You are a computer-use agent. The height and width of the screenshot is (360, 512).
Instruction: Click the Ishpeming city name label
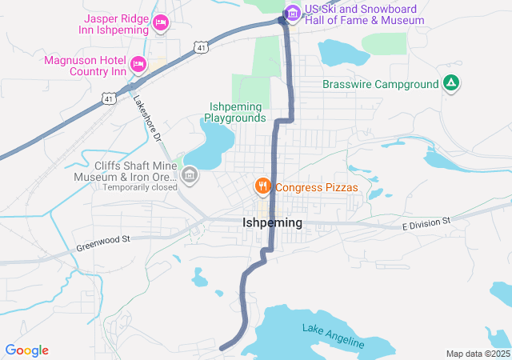tap(272, 223)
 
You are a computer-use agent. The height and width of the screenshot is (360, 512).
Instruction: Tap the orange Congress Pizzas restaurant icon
tap(262, 187)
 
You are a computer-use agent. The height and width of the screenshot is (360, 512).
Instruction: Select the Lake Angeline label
tap(333, 336)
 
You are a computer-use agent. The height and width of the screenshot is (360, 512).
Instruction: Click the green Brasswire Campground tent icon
tap(451, 83)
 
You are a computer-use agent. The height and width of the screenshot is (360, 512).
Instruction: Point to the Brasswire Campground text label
tap(380, 84)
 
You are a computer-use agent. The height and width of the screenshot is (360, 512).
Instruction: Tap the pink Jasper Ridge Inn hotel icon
tap(161, 22)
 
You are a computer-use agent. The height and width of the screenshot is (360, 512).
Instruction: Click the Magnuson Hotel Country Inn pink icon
tap(138, 63)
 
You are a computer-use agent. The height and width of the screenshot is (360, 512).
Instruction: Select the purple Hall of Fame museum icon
tap(292, 12)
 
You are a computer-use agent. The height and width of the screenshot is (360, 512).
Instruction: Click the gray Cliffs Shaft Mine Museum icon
tap(190, 174)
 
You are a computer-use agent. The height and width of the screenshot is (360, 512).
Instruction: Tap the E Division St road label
tap(426, 223)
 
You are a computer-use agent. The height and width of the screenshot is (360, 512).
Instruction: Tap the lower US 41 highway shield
tap(108, 98)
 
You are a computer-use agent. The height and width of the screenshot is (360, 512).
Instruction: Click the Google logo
tap(26, 350)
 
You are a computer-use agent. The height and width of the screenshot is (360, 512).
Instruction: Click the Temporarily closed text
tap(140, 187)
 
